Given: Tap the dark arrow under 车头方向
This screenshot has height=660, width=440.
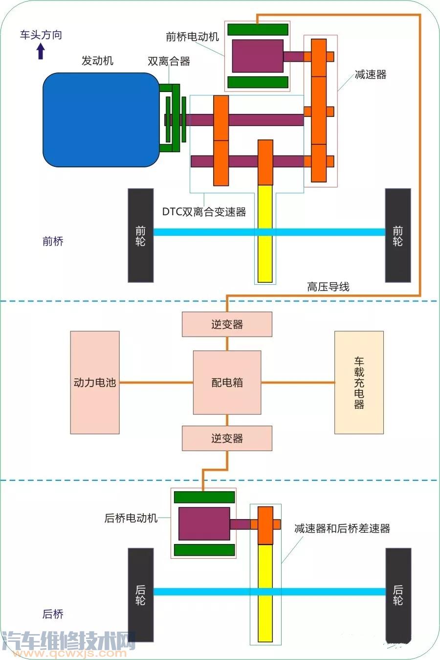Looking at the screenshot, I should pyautogui.click(x=41, y=50).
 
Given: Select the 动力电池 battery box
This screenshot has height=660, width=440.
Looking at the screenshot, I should pyautogui.click(x=95, y=382).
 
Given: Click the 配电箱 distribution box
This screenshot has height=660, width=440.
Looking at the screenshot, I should pyautogui.click(x=227, y=382).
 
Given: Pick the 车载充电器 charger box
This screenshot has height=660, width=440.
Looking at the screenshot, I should pyautogui.click(x=359, y=382).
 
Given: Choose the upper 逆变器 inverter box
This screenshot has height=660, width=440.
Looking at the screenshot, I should pyautogui.click(x=227, y=324).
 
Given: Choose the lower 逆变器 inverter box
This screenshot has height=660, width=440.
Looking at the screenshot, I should pyautogui.click(x=227, y=438).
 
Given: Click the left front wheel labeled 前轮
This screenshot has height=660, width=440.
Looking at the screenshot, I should pyautogui.click(x=141, y=235).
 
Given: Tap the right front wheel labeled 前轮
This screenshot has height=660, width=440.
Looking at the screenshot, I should pyautogui.click(x=397, y=235).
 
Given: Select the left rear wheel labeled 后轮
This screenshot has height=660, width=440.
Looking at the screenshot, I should pyautogui.click(x=141, y=594).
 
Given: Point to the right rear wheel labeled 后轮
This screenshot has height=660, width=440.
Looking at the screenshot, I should pyautogui.click(x=397, y=594).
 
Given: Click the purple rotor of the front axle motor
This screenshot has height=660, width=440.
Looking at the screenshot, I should pyautogui.click(x=258, y=56).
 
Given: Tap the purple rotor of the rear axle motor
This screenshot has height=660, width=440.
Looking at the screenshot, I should pyautogui.click(x=204, y=523).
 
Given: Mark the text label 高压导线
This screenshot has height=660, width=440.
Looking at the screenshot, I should pyautogui.click(x=328, y=287).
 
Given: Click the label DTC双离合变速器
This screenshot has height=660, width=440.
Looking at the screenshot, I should pyautogui.click(x=204, y=212).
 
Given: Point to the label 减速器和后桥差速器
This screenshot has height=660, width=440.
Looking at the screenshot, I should pyautogui.click(x=342, y=528).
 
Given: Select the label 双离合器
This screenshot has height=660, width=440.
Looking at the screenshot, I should pyautogui.click(x=169, y=61).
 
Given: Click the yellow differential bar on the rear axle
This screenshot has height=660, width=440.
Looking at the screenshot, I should pyautogui.click(x=265, y=593).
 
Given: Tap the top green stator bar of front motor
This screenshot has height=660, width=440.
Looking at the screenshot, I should pyautogui.click(x=258, y=30).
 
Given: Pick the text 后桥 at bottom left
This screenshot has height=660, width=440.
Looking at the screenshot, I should pyautogui.click(x=53, y=614).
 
